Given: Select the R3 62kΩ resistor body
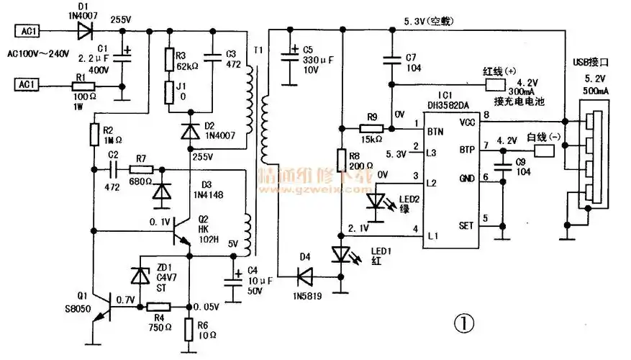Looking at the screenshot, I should point(169,58).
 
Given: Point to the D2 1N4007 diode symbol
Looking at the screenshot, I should point(189,131).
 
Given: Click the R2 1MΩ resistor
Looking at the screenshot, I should point(94,134).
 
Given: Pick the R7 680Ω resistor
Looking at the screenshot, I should point(141,170).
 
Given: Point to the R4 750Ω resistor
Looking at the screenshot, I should point(156,307).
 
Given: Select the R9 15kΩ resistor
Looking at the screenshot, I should point(371,129).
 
